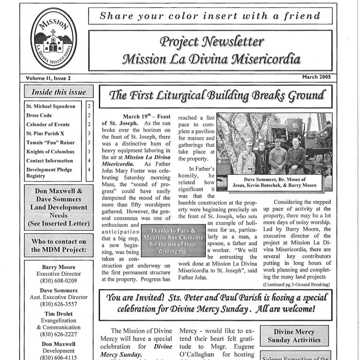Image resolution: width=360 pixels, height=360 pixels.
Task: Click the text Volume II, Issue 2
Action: (49, 78)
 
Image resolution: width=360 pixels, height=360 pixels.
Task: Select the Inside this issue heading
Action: (59, 91)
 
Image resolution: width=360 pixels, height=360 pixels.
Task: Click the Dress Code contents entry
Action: (39, 115)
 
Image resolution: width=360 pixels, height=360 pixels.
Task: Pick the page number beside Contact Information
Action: (89, 161)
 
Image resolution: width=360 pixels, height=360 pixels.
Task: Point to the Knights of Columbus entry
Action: (50, 152)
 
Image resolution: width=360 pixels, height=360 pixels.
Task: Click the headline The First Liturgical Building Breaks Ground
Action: (216, 96)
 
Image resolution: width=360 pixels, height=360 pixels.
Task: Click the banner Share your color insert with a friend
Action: (210, 16)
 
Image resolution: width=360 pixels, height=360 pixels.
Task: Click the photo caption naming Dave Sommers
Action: (276, 182)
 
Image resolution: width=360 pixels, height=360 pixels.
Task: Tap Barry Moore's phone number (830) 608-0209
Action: (59, 281)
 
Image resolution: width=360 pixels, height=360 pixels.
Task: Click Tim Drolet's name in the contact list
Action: (59, 314)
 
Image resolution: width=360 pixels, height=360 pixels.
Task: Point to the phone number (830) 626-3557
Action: (59, 304)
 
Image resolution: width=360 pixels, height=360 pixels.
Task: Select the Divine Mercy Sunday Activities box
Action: (294, 336)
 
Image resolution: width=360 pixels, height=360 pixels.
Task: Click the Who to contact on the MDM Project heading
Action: (59, 246)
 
